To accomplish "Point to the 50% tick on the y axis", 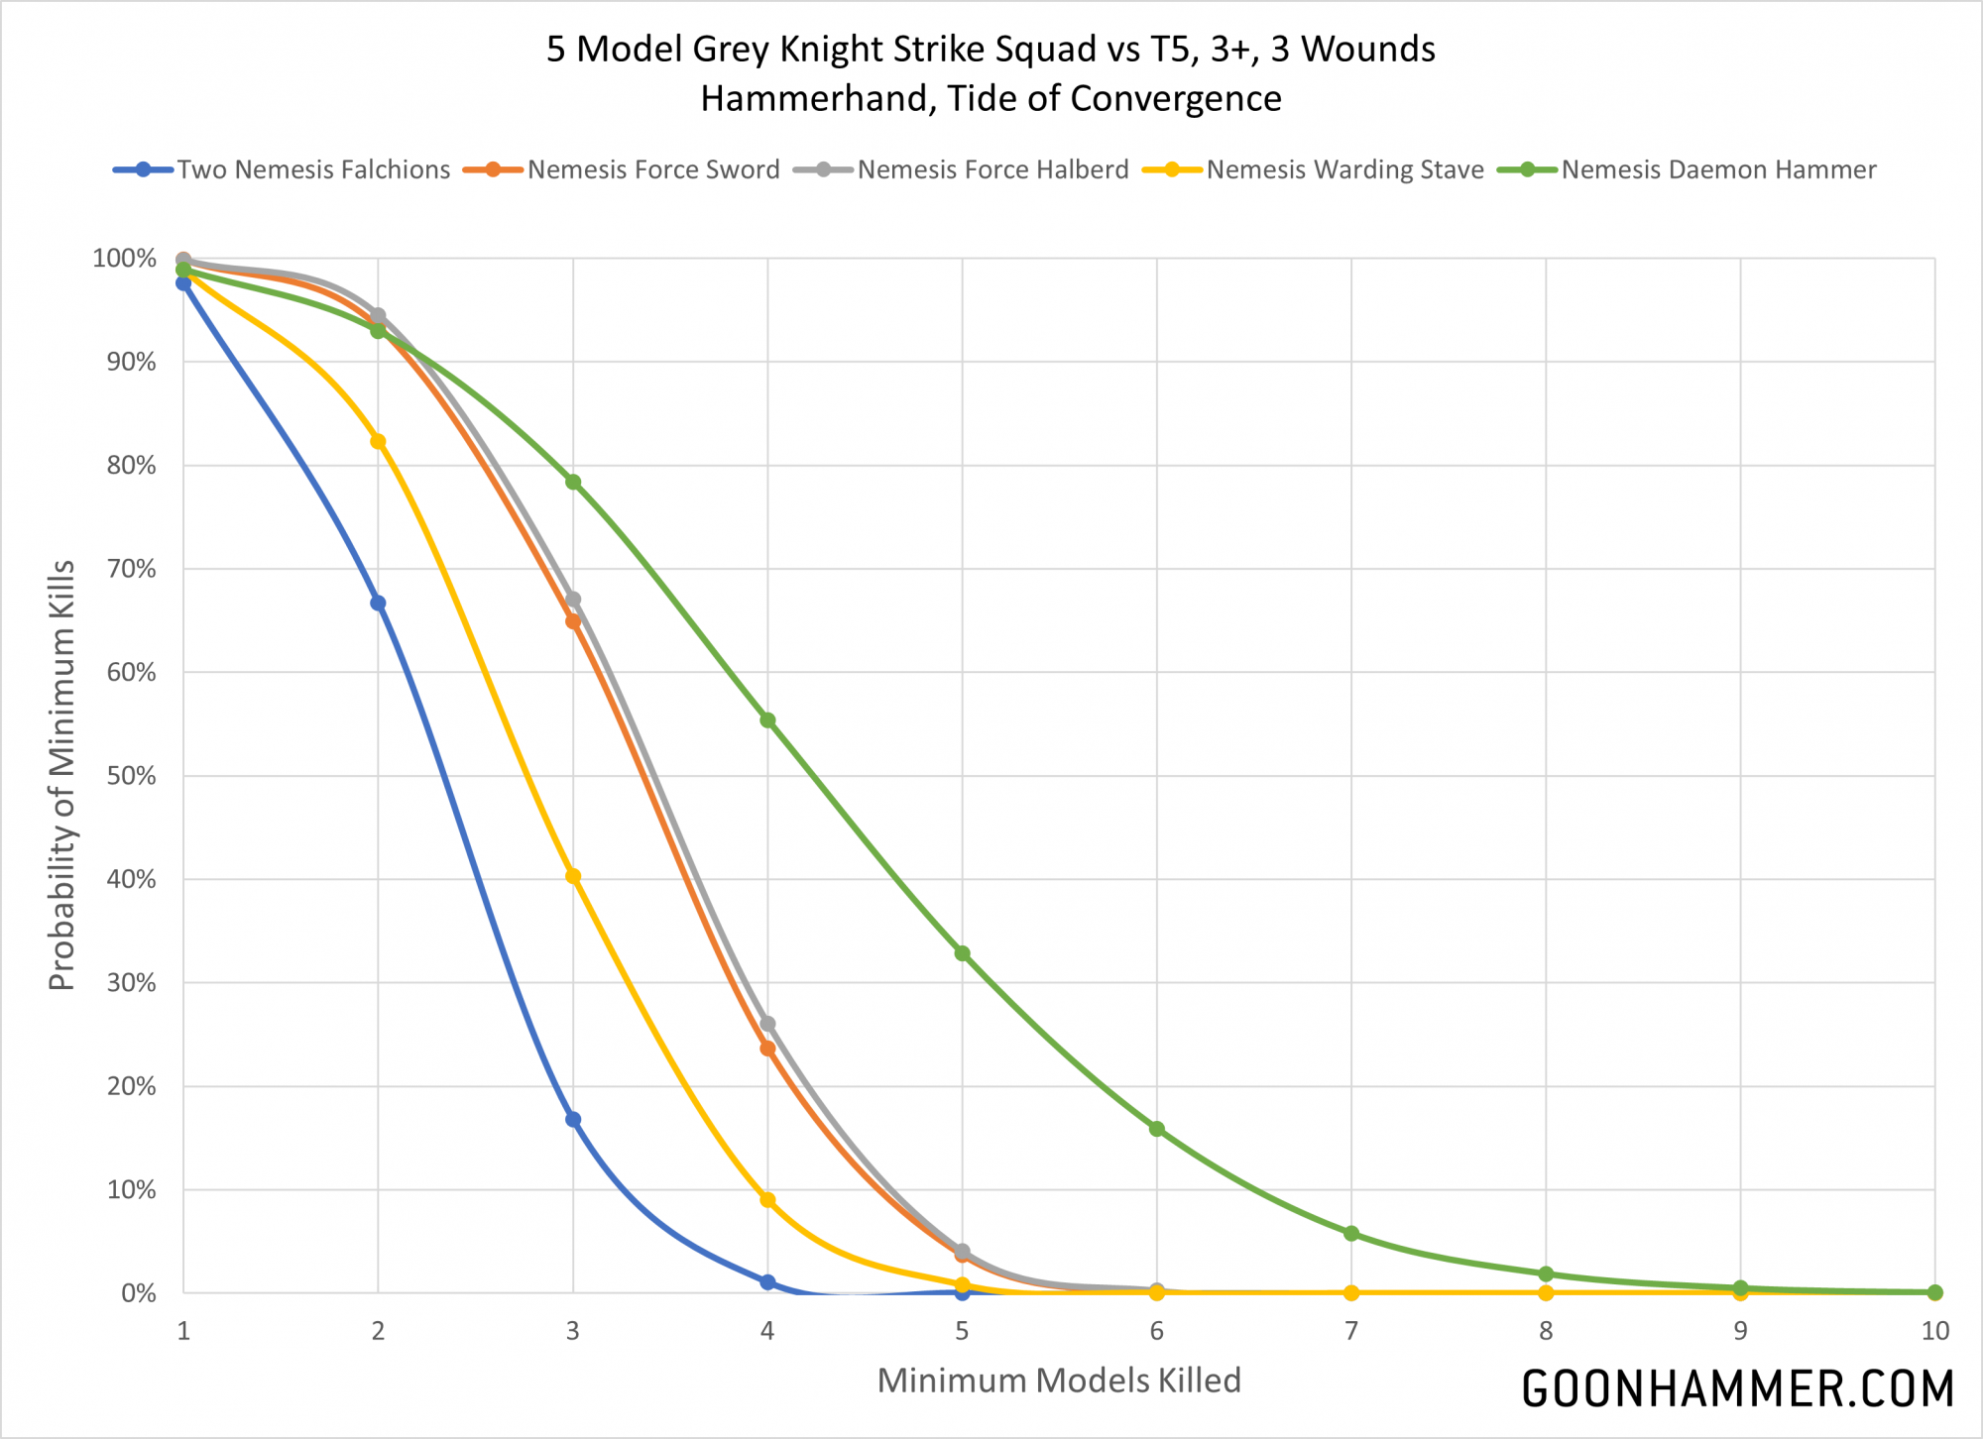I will (x=132, y=776).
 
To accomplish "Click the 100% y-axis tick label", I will (x=125, y=259).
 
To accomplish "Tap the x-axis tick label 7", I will (x=1351, y=1331).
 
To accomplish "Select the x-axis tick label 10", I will (x=1934, y=1331).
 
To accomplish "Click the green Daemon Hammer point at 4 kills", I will (x=767, y=720).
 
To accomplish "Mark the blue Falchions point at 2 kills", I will (x=378, y=604).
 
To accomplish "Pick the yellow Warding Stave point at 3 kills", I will (x=573, y=876).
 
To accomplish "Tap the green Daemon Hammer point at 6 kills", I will (x=1157, y=1129).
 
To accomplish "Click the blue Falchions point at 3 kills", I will (x=573, y=1120).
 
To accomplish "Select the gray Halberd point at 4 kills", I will (x=767, y=1024).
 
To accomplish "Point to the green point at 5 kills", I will (x=962, y=953).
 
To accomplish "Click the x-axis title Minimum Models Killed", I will (x=1059, y=1381).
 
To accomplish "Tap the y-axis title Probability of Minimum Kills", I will (x=61, y=775).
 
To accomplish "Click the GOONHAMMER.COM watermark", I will (x=1737, y=1388).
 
